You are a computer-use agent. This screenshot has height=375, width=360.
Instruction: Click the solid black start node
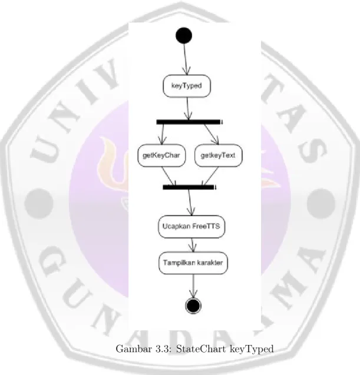[184, 35]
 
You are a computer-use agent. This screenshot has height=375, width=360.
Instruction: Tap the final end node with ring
[193, 306]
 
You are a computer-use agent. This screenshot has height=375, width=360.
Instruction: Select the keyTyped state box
[187, 86]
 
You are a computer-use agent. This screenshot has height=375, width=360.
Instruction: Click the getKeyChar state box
[161, 155]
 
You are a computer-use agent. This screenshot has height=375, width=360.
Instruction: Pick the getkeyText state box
[218, 155]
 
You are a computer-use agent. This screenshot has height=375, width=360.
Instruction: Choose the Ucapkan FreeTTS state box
[191, 227]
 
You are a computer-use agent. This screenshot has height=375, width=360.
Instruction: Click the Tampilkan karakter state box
[193, 263]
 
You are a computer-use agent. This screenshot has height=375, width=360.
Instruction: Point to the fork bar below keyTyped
[189, 122]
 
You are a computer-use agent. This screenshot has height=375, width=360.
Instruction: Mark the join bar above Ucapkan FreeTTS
[189, 187]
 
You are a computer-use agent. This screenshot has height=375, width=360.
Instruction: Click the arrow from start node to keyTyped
[186, 59]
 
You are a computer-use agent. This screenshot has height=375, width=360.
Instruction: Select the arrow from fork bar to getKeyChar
[163, 134]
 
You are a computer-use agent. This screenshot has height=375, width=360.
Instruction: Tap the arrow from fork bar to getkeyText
[212, 134]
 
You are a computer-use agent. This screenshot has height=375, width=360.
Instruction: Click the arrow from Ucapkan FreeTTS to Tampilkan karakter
[193, 245]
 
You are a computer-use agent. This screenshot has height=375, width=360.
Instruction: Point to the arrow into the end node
[193, 286]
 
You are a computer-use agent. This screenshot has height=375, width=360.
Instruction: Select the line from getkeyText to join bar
[210, 176]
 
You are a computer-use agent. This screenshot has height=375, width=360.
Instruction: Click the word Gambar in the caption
[134, 349]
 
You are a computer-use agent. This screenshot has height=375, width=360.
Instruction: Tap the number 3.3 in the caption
[164, 349]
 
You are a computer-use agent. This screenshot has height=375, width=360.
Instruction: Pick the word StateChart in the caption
[201, 349]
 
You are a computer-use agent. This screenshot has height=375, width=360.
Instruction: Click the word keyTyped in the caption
[252, 350]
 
